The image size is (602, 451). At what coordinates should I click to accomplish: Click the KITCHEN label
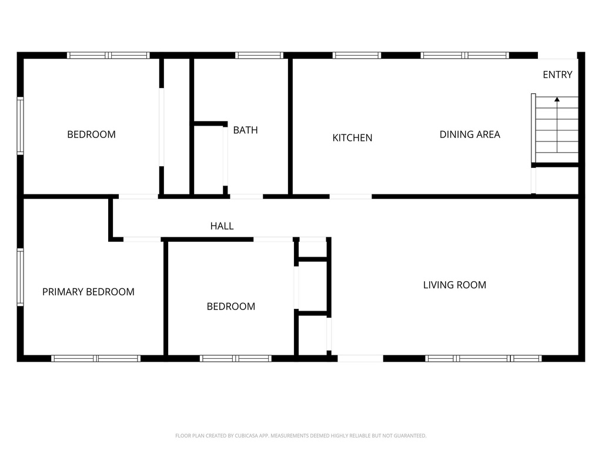(x=352, y=138)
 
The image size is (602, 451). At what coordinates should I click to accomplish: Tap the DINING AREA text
(x=470, y=134)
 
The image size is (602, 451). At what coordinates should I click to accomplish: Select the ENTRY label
(x=557, y=75)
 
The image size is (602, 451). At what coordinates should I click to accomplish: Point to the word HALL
(x=222, y=226)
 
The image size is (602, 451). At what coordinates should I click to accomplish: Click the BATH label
(x=245, y=130)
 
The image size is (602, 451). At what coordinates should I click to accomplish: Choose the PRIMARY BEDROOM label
(x=88, y=292)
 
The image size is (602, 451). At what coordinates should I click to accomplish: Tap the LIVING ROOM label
(x=454, y=285)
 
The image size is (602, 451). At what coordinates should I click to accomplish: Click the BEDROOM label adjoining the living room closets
(x=230, y=307)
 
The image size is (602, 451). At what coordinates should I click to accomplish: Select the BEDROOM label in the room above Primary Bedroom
(x=91, y=134)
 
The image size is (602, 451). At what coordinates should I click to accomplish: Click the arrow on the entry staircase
(x=557, y=101)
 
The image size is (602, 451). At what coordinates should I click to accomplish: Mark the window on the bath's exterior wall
(x=259, y=55)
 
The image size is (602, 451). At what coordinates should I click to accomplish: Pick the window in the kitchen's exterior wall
(x=356, y=55)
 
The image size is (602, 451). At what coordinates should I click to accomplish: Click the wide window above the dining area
(x=464, y=55)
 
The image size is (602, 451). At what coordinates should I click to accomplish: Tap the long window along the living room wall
(x=483, y=358)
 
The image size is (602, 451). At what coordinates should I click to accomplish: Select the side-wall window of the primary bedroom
(x=20, y=277)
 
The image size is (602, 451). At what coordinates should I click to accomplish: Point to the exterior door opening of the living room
(x=360, y=358)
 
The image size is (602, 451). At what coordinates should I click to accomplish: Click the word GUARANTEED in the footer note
(x=409, y=436)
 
